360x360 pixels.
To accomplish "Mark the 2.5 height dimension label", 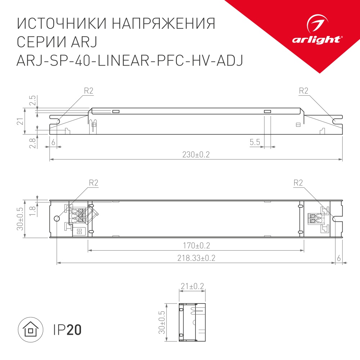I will pyautogui.click(x=32, y=100).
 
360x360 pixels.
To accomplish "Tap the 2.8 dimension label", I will pyautogui.click(x=32, y=143).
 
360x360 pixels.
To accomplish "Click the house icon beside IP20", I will pyautogui.click(x=31, y=330).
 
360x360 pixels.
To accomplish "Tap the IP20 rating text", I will pyautogui.click(x=67, y=330).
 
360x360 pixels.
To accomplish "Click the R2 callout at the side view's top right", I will pyautogui.click(x=304, y=91).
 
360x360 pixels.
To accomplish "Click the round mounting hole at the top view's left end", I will pyautogui.click(x=57, y=219).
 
